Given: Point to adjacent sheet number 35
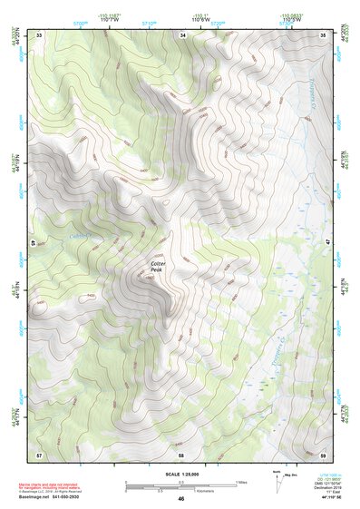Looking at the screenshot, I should [323, 34].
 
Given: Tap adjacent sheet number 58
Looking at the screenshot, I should [181, 454].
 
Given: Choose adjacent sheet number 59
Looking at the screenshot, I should [323, 454].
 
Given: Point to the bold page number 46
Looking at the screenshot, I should [181, 499].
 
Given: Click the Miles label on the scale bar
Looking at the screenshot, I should [240, 482].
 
